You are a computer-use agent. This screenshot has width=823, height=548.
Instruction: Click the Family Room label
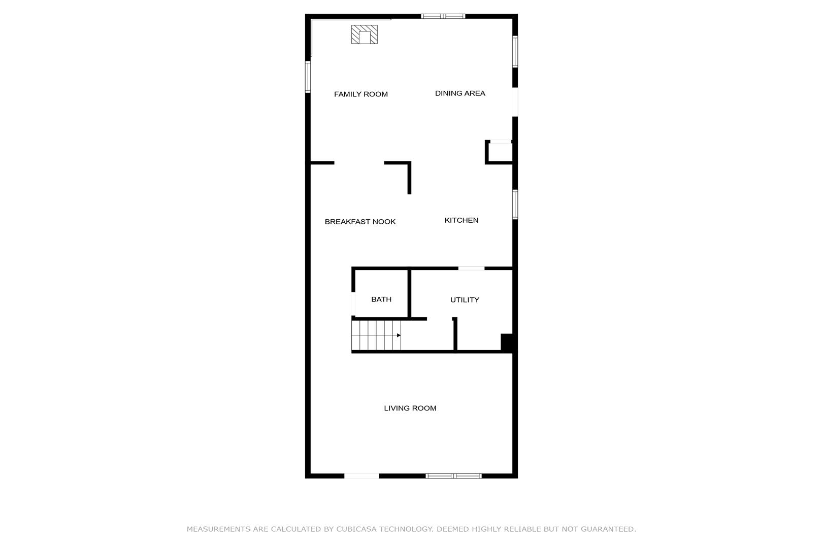coord(361,94)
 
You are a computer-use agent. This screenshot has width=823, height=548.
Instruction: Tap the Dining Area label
coord(460,93)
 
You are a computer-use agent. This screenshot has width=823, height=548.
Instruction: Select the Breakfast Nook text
coord(360,222)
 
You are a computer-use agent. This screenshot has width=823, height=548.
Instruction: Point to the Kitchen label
coord(462,220)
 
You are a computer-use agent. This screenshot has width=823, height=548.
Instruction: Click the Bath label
coord(381,299)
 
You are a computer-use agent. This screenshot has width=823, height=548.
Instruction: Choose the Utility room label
coord(465,300)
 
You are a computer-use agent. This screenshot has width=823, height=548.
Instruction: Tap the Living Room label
coord(410,408)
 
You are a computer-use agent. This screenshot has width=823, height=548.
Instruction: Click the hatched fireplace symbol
coord(365,35)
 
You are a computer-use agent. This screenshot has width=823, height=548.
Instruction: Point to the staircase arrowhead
coord(399,335)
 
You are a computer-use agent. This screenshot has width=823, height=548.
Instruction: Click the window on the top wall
coord(443,16)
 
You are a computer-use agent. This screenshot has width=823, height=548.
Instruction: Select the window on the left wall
coord(308,77)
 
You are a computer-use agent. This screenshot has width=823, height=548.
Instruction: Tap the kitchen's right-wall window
coord(515,204)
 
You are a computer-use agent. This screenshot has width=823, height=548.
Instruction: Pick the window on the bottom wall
coord(454,476)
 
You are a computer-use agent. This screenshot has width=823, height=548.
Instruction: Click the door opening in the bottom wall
coord(361,476)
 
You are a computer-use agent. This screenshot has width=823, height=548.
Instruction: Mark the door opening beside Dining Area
coord(515,102)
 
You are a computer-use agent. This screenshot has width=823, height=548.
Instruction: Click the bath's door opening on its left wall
coord(353,304)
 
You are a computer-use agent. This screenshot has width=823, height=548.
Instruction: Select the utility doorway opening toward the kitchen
coord(471,268)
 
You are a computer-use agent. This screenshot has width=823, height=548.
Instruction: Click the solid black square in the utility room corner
coord(507,342)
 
